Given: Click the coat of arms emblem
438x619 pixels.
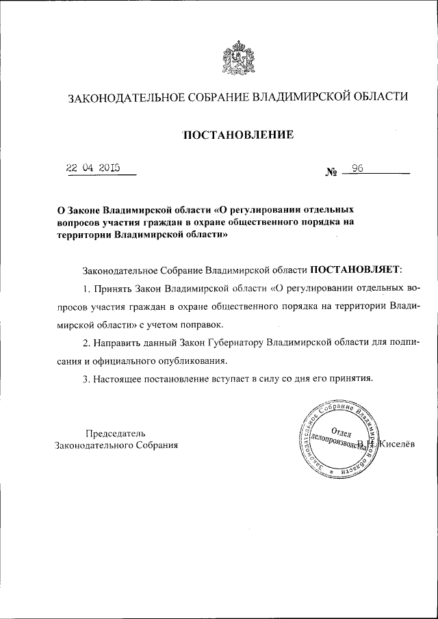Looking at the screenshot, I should [x=237, y=59].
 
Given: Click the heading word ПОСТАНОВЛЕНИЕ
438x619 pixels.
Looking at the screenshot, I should [x=238, y=135].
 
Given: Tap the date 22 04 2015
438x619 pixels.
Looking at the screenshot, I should [x=92, y=167].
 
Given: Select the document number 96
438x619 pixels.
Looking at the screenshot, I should [x=357, y=168].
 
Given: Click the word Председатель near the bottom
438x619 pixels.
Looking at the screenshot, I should [x=115, y=433].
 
